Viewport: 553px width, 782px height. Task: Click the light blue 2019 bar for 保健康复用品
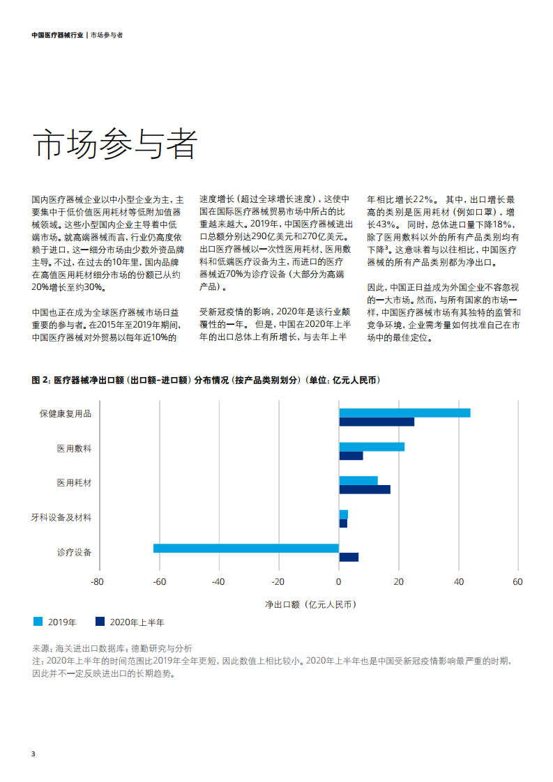tap(404, 413)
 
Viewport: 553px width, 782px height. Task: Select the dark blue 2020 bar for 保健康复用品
tap(377, 422)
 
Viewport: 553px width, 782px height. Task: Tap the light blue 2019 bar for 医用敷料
tap(372, 447)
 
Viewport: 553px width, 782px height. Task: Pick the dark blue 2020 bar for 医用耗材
tap(365, 490)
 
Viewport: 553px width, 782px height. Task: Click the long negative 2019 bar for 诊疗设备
tap(246, 548)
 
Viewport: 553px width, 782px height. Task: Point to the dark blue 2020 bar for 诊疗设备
tap(349, 557)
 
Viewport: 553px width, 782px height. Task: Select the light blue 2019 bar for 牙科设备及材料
tap(343, 514)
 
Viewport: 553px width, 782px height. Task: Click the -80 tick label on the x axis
tap(98, 582)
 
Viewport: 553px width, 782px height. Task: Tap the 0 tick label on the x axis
tap(338, 582)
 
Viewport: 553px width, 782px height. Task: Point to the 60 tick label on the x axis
tap(517, 582)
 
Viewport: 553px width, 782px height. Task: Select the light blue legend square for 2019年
tap(38, 622)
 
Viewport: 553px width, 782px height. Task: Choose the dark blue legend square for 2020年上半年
tap(100, 622)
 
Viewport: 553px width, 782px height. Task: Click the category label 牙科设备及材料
tap(61, 518)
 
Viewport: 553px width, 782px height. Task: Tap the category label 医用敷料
tap(75, 449)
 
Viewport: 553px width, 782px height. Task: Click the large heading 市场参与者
tap(115, 144)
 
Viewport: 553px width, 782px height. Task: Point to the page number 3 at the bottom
tap(33, 753)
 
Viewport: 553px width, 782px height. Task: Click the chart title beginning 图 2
tap(206, 380)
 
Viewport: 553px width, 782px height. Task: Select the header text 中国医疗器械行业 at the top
tap(57, 35)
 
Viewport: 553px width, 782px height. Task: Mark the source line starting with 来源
tap(112, 648)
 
